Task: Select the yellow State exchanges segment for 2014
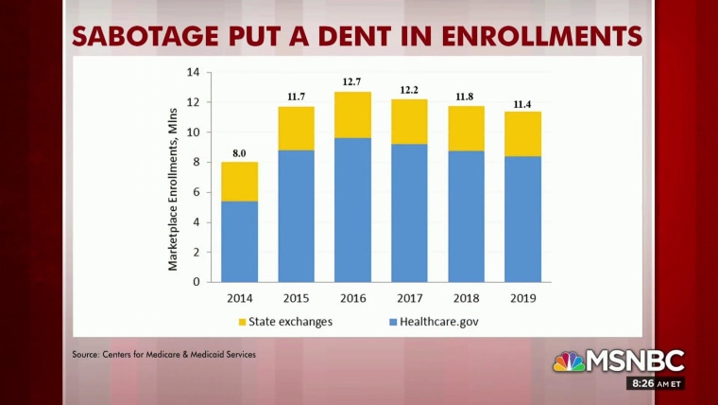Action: point(239,182)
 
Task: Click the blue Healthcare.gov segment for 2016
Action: point(351,209)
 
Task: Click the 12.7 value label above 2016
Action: point(352,81)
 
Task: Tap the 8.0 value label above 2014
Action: point(239,151)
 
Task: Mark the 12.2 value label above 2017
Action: point(409,89)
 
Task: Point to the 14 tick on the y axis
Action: point(193,73)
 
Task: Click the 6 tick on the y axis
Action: point(196,192)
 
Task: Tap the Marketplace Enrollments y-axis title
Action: point(174,189)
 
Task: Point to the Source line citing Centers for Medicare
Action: point(163,355)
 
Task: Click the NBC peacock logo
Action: point(569,361)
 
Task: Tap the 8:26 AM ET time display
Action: point(655,384)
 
